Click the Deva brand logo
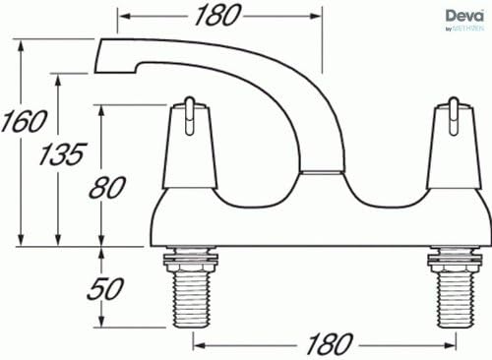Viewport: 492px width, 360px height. pyautogui.click(x=465, y=17)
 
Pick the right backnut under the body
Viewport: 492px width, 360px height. pyautogui.click(x=453, y=261)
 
